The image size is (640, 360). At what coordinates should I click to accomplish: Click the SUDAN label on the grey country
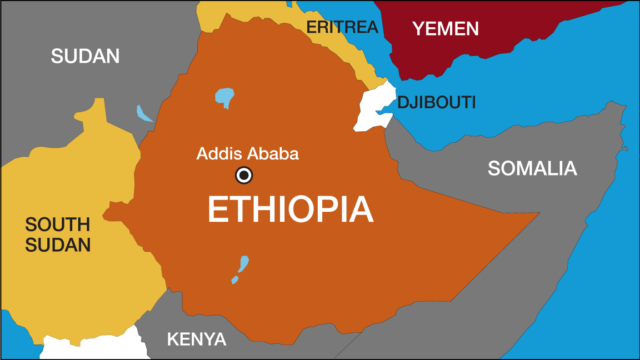pos(85,56)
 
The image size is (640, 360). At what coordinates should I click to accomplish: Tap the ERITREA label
pos(342,27)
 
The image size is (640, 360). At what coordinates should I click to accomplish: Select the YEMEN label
pos(445,29)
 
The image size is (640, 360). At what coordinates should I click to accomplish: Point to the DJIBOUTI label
pos(436,103)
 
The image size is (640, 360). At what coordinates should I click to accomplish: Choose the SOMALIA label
pos(532,169)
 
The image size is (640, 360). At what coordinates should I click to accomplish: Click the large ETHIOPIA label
pos(290,210)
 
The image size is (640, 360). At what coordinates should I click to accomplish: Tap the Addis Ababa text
pos(248,154)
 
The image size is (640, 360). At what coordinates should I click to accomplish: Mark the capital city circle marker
pos(244,175)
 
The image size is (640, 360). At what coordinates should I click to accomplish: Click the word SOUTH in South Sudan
pos(58,225)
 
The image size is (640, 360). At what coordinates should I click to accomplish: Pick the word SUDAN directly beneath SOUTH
pos(58,245)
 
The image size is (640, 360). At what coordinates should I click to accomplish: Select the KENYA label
pos(196,339)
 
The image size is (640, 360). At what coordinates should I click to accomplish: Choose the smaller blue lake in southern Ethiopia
pos(235,280)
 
